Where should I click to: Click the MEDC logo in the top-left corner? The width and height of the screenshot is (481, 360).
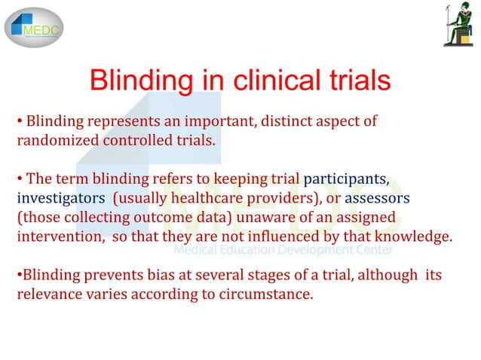(x=35, y=26)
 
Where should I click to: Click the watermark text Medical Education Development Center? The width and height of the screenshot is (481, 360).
(x=283, y=250)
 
